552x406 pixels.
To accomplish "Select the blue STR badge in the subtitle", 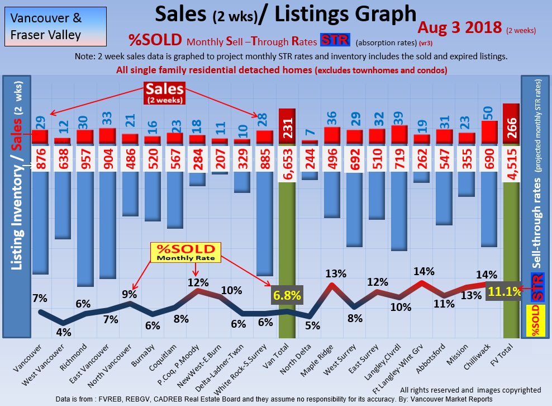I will [335, 40].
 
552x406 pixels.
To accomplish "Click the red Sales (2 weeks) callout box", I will [164, 92].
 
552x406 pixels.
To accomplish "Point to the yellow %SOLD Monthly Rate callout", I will [185, 252].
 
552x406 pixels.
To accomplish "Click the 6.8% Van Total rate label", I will [287, 295].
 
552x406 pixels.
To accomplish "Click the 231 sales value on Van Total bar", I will [287, 128].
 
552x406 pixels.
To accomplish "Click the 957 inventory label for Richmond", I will [85, 158].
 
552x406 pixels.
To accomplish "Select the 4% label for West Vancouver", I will [63, 332].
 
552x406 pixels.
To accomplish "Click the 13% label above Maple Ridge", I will [335, 273].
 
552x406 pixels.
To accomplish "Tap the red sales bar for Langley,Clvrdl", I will [399, 134].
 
